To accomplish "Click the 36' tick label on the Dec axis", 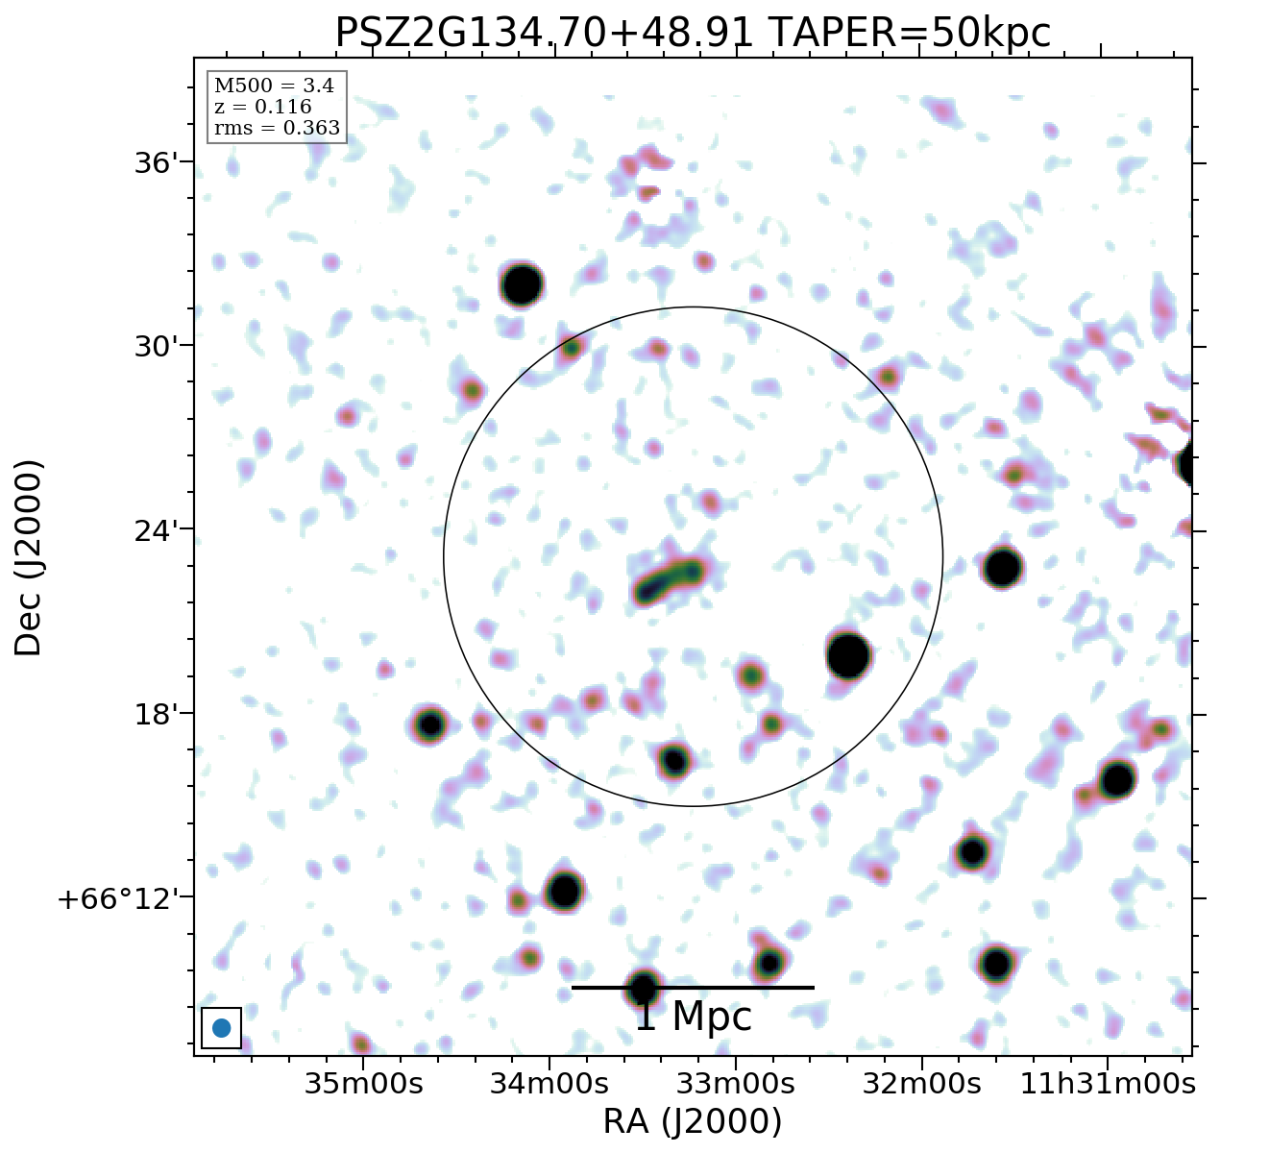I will point(156,162).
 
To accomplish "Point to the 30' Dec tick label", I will point(156,346).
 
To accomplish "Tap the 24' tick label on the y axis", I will point(156,530).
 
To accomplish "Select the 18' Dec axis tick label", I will point(156,714).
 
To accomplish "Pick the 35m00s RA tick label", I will point(363,1084).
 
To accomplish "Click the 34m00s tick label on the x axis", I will point(549,1084).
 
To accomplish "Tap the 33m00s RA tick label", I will point(736,1084).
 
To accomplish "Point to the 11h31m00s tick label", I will point(1107,1084).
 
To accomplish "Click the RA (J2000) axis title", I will point(693,1122).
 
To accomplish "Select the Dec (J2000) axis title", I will point(29,557).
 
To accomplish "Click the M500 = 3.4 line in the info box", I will point(274,86).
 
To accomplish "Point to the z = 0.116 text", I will point(262,107).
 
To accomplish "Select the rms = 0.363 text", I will point(277,128).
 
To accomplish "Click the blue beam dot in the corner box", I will point(221,1028).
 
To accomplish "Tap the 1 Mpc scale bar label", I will point(693,1017).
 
